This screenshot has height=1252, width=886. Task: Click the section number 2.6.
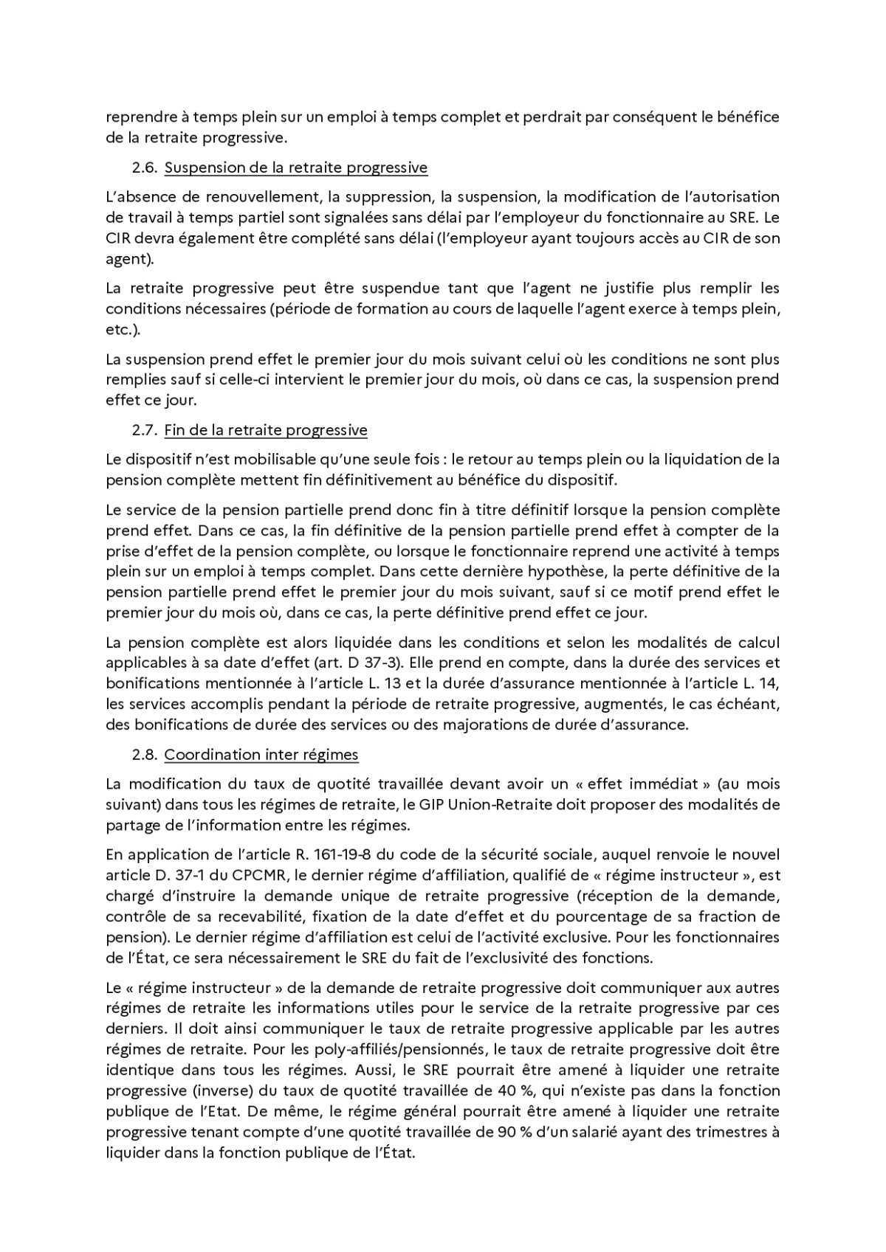coord(145,167)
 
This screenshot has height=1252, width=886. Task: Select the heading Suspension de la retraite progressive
coord(295,167)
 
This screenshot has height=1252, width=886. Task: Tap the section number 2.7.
coord(145,430)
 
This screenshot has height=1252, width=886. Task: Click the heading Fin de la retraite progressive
coord(266,430)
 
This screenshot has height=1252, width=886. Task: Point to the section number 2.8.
coord(145,755)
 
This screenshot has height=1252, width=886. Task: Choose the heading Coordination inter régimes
coord(261,755)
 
